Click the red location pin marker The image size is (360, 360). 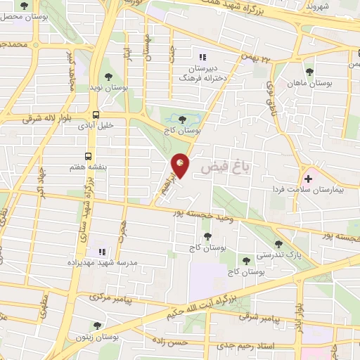(x=181, y=165)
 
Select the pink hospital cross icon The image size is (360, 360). (x=309, y=179)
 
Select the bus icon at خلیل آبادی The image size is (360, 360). (x=96, y=115)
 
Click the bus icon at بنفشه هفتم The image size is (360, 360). (x=89, y=156)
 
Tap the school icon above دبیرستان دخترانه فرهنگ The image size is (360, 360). (x=202, y=57)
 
